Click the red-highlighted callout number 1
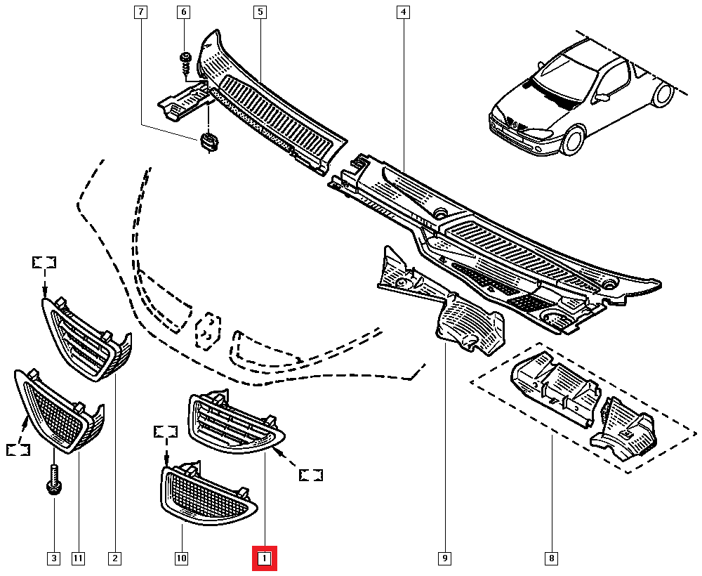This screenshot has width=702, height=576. [265, 558]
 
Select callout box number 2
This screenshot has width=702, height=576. [114, 558]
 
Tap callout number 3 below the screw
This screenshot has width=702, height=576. [53, 558]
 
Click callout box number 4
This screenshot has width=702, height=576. [403, 12]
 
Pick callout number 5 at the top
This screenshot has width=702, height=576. [260, 12]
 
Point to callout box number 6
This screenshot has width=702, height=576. [184, 12]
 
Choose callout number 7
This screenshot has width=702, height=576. [140, 12]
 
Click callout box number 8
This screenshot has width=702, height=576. [552, 558]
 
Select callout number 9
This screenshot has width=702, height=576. [444, 558]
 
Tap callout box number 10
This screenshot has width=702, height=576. [181, 558]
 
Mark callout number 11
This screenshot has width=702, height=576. [78, 558]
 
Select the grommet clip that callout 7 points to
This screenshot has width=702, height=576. [208, 140]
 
